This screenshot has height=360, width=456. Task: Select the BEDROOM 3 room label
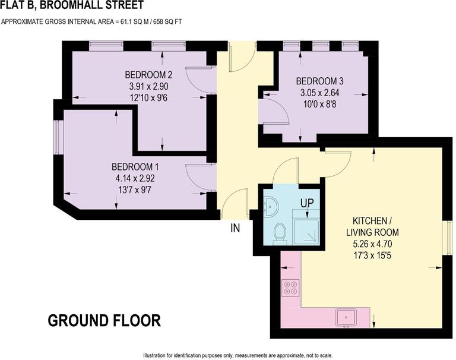pos(319,81)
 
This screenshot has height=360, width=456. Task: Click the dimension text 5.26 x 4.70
pos(373,243)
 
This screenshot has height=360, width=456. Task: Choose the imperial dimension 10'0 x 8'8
pos(319,103)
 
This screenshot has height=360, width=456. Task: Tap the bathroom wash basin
pos(271,204)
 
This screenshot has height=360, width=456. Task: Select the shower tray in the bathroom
pos(306,232)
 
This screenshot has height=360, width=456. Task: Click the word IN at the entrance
pos(236,227)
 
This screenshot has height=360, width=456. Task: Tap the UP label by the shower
pos(307,203)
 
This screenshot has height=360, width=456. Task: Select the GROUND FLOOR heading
pos(104,321)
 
